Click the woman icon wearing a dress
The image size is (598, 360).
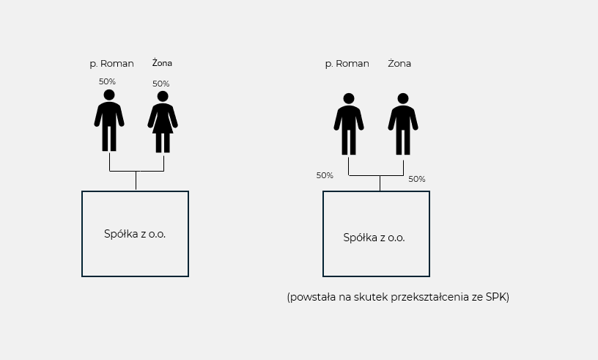(x=163, y=122)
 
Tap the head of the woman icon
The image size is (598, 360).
(x=163, y=96)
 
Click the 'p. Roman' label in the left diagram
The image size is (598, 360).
(x=111, y=64)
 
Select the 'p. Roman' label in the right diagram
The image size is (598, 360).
(x=347, y=64)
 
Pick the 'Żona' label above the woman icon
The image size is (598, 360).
(x=162, y=63)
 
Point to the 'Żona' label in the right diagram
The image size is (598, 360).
(x=399, y=63)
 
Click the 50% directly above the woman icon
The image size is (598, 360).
(x=161, y=84)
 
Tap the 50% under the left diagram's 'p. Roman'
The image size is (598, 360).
(x=107, y=81)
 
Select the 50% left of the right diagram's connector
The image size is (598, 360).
(x=325, y=175)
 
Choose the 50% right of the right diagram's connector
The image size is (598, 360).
(x=417, y=179)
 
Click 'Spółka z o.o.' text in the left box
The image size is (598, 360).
(x=135, y=234)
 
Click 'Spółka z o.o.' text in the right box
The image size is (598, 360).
(x=374, y=238)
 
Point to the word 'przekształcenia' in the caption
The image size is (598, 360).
(x=429, y=297)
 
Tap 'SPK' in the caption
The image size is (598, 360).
(x=496, y=297)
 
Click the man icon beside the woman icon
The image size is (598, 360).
(x=109, y=121)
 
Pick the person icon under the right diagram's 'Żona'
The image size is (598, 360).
(x=403, y=124)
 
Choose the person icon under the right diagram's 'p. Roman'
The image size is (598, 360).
(x=349, y=124)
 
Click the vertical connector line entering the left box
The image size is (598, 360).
(x=136, y=181)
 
